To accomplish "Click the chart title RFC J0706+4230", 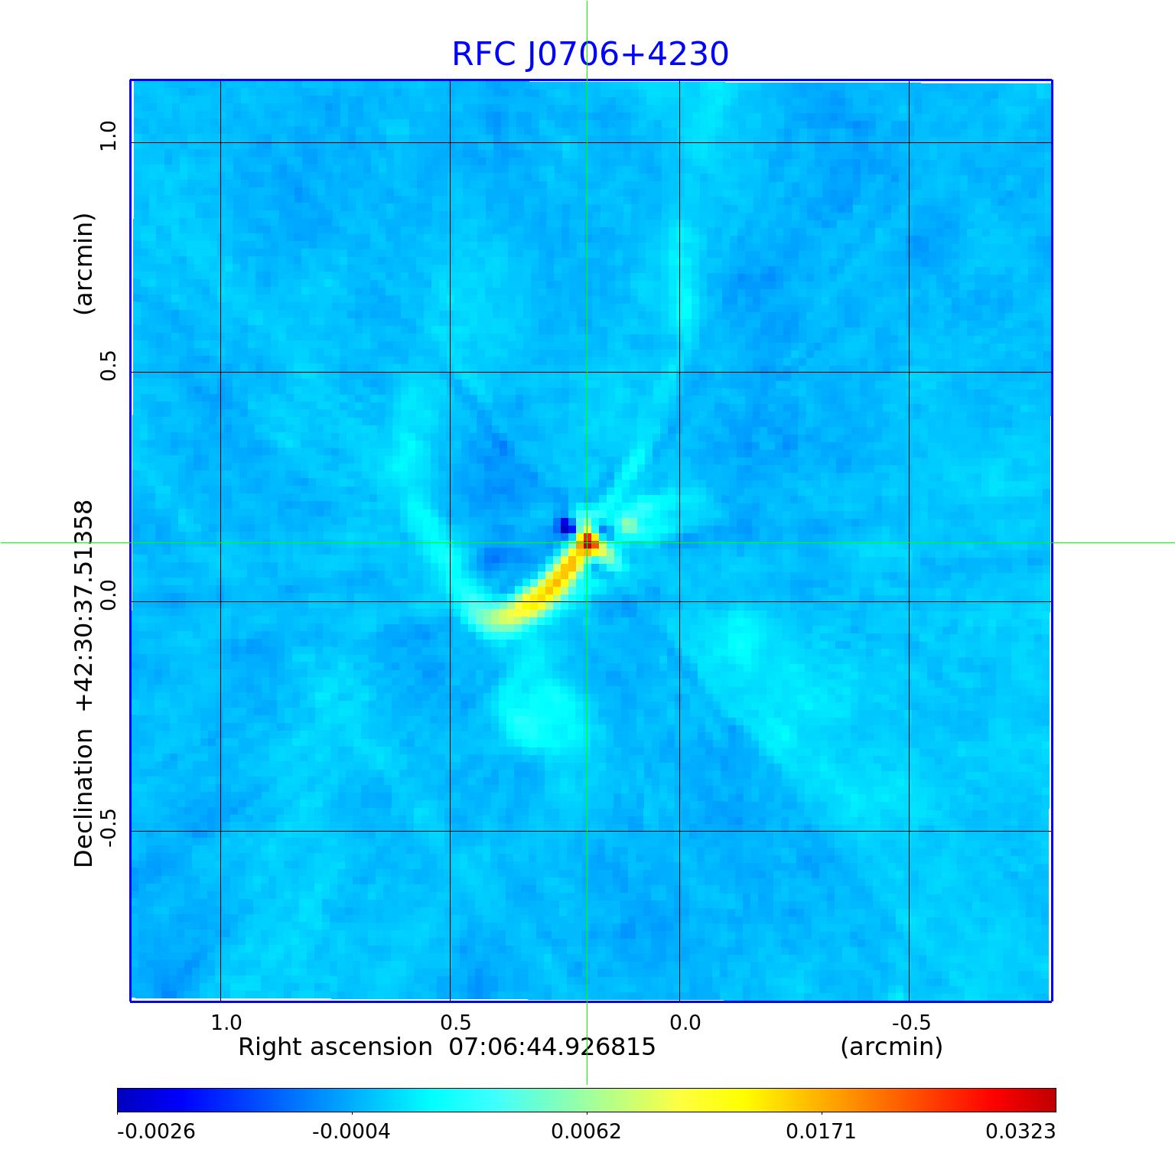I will tap(590, 54).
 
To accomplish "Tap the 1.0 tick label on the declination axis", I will tap(108, 135).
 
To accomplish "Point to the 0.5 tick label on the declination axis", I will tap(108, 366).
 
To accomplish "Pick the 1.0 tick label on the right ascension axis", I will tap(226, 1023).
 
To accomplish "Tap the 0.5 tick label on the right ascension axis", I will tap(456, 1023).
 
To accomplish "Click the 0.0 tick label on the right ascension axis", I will tap(685, 1023).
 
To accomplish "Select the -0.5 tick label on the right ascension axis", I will tap(910, 1023).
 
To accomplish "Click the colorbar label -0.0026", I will tap(156, 1131).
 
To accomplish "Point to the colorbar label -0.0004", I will tap(351, 1131).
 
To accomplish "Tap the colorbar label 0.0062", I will tap(587, 1131).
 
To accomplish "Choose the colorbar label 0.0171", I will tap(822, 1131).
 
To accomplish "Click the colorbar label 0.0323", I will tap(1020, 1131).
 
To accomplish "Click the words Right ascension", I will tap(335, 1047).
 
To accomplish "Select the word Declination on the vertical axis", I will tap(83, 797).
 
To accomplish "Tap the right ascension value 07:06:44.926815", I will tap(552, 1047).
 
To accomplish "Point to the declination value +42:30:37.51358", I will tap(83, 605).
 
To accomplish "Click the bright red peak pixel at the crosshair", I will tap(587, 542).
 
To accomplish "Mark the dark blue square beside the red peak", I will tap(567, 526).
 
